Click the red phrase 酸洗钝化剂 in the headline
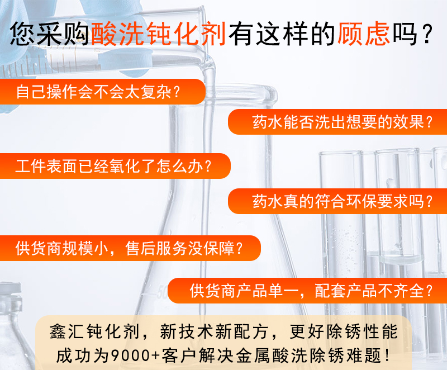click(159, 34)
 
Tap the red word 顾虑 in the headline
click(364, 34)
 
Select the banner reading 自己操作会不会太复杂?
click(103, 92)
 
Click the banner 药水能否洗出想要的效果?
click(337, 122)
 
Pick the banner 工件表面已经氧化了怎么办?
click(115, 166)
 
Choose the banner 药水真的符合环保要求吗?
click(337, 201)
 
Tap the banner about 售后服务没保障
click(130, 248)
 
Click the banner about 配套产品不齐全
click(307, 291)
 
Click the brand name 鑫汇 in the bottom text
click(67, 331)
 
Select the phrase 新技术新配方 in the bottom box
click(213, 331)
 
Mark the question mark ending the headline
click(427, 34)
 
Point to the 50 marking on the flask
click(162, 292)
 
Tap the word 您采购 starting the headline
click(50, 34)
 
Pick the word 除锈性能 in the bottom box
click(362, 331)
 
